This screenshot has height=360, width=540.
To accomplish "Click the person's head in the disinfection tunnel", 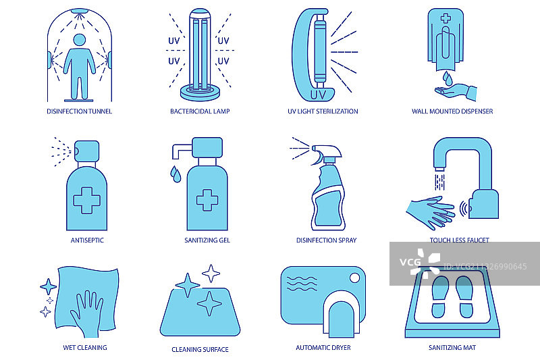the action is (x=80, y=40).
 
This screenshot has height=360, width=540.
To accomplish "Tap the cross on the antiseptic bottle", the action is (x=87, y=201).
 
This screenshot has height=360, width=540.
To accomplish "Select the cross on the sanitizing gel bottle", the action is (x=207, y=200).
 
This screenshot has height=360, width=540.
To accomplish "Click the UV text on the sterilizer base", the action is (x=317, y=95).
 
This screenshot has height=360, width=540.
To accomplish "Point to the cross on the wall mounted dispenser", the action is (x=446, y=18).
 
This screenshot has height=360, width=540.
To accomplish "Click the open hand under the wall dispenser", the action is (x=455, y=91).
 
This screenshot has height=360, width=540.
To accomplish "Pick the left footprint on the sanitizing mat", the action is (x=440, y=297).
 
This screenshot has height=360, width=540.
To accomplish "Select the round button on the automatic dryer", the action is (x=354, y=278).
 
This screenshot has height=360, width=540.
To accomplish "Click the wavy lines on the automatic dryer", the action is (x=302, y=283).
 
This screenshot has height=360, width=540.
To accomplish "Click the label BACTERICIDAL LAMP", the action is (x=200, y=111).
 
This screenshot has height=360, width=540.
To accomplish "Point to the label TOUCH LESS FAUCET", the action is (x=460, y=240).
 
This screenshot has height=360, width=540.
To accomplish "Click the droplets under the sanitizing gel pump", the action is (x=175, y=174).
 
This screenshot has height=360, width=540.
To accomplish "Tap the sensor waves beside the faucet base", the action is (x=464, y=209).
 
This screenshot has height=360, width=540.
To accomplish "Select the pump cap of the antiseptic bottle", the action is (x=86, y=151).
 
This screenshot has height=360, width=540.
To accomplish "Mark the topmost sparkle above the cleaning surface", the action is (x=211, y=274).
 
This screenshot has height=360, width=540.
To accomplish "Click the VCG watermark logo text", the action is (x=410, y=262).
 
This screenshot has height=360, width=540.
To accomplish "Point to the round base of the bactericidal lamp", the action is (x=200, y=93).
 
